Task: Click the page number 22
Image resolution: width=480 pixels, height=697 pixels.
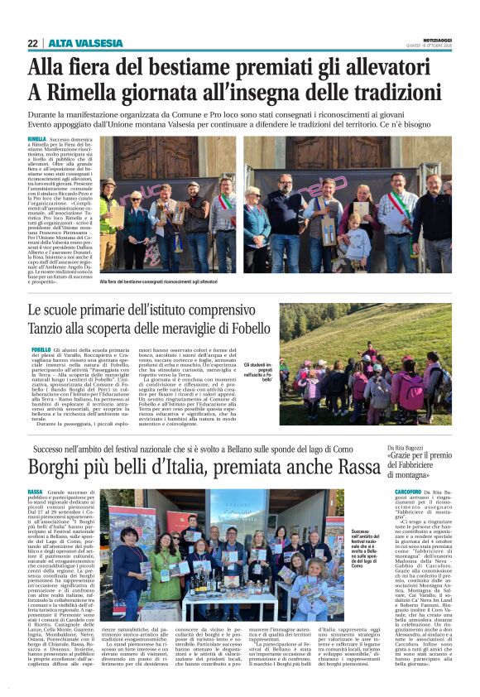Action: pos(32,43)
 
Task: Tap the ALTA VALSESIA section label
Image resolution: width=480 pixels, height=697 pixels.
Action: pos(85,43)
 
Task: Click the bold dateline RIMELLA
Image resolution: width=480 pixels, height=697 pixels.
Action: pos(37,140)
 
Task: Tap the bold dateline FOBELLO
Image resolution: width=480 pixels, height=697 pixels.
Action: pos(41,351)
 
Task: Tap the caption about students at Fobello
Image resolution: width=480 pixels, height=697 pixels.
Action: pos(258,371)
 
